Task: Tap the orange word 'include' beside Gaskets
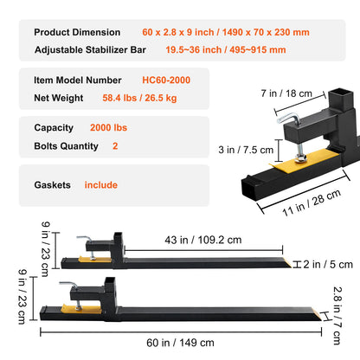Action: [101, 184]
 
